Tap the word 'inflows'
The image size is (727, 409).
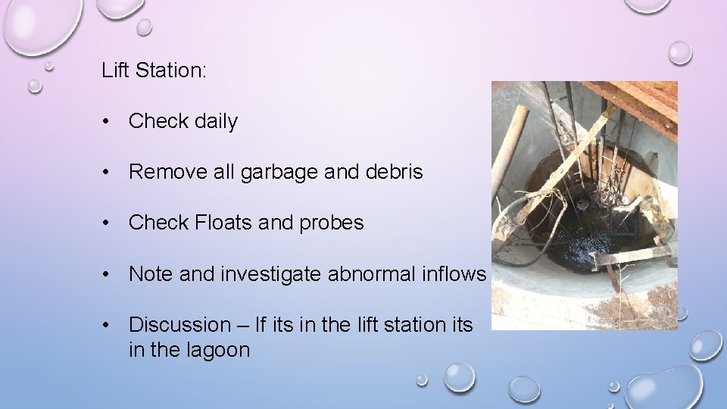point(451,273)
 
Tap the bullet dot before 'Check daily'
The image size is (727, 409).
point(111,121)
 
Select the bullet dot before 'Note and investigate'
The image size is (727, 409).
point(111,273)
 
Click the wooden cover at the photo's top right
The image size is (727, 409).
point(644,98)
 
